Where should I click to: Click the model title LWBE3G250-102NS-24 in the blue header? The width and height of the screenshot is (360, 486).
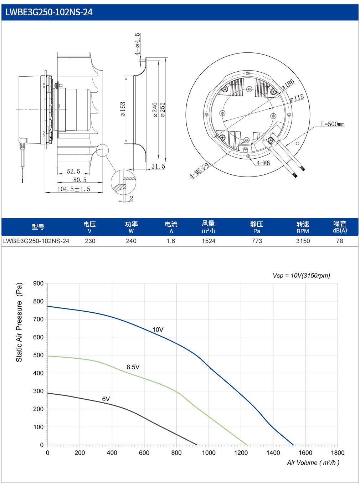click(48, 12)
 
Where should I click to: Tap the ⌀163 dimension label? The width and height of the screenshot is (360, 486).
click(123, 109)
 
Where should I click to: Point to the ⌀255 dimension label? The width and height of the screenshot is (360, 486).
click(163, 109)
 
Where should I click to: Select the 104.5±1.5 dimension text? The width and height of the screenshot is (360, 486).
click(74, 189)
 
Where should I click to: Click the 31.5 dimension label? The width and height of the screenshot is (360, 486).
click(158, 166)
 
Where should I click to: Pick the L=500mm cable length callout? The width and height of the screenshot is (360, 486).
click(333, 124)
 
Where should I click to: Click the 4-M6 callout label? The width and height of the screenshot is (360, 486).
click(263, 163)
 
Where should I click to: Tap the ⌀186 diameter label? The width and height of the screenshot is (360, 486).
click(288, 85)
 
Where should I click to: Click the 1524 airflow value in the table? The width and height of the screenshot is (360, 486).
click(209, 241)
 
